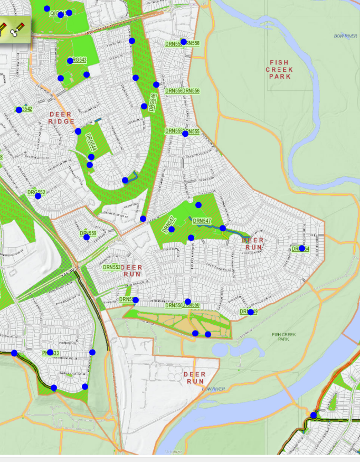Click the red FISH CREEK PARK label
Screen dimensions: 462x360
pyautogui.click(x=279, y=69)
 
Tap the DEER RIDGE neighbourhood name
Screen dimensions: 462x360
pyautogui.click(x=61, y=118)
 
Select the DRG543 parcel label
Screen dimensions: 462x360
pyautogui.click(x=78, y=60)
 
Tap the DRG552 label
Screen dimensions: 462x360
pyautogui.click(x=36, y=193)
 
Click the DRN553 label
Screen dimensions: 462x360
pyautogui.click(x=112, y=268)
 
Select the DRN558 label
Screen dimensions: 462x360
pyautogui.click(x=191, y=43)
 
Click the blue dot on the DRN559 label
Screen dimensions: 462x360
pyautogui.click(x=87, y=237)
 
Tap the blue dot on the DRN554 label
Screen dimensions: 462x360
pyautogui.click(x=301, y=248)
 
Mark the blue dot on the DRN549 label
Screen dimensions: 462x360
pyautogui.click(x=251, y=312)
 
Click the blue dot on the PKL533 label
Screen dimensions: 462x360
pyautogui.click(x=50, y=352)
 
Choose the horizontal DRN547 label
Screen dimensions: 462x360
pyautogui.click(x=202, y=221)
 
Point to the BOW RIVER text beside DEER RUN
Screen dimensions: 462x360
pyautogui.click(x=214, y=389)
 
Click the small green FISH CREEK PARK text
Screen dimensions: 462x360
pyautogui.click(x=284, y=336)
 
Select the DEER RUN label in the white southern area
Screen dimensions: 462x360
pyautogui.click(x=195, y=378)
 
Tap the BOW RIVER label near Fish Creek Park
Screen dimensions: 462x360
pyautogui.click(x=345, y=36)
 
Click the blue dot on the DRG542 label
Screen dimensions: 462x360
pyautogui.click(x=19, y=109)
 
